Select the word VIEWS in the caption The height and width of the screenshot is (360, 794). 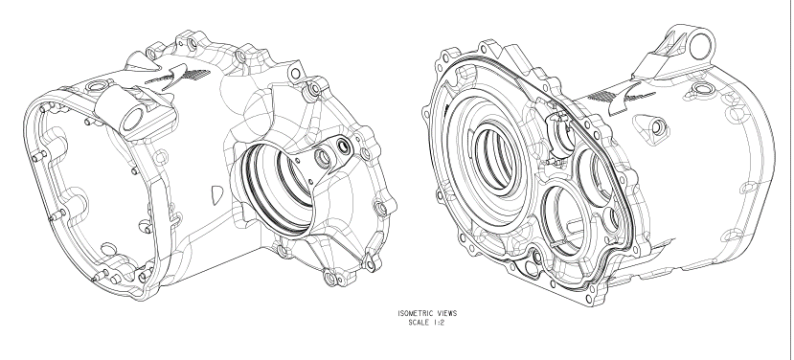tap(446, 313)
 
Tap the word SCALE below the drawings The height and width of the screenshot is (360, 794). tap(419, 323)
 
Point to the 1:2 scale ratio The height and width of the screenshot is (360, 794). tap(439, 323)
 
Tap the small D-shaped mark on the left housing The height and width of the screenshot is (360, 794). tap(217, 195)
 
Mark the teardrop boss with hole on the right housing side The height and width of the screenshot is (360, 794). tap(652, 128)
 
